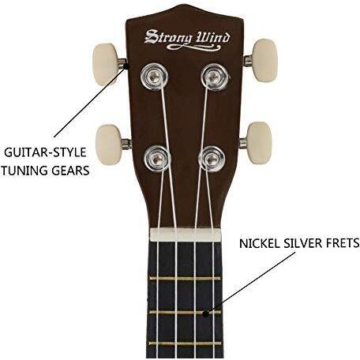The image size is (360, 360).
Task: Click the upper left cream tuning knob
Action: click(x=105, y=65)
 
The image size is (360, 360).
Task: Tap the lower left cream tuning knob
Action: click(x=109, y=144)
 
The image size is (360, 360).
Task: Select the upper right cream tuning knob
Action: click(x=264, y=61)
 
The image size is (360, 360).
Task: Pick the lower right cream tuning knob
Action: click(x=259, y=143)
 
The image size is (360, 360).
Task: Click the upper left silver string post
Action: click(x=154, y=77)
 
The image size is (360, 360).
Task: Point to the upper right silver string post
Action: click(x=214, y=77)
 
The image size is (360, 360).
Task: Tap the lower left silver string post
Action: click(x=157, y=158)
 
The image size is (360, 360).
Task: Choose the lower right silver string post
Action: click(x=212, y=159)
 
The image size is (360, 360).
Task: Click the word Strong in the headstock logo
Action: click(x=168, y=37)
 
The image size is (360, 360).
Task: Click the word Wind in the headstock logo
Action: click(x=212, y=38)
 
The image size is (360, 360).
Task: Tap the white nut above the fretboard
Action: click(x=186, y=234)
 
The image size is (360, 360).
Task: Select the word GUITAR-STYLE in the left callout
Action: click(x=45, y=152)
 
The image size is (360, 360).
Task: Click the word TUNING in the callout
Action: click(x=24, y=171)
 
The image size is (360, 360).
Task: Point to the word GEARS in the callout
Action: click(x=70, y=171)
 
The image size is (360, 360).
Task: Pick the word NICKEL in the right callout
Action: click(x=259, y=243)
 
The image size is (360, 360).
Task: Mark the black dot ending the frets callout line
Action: click(x=206, y=313)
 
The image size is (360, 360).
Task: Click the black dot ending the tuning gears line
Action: click(x=126, y=66)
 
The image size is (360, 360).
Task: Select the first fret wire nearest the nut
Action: click(x=185, y=279)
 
